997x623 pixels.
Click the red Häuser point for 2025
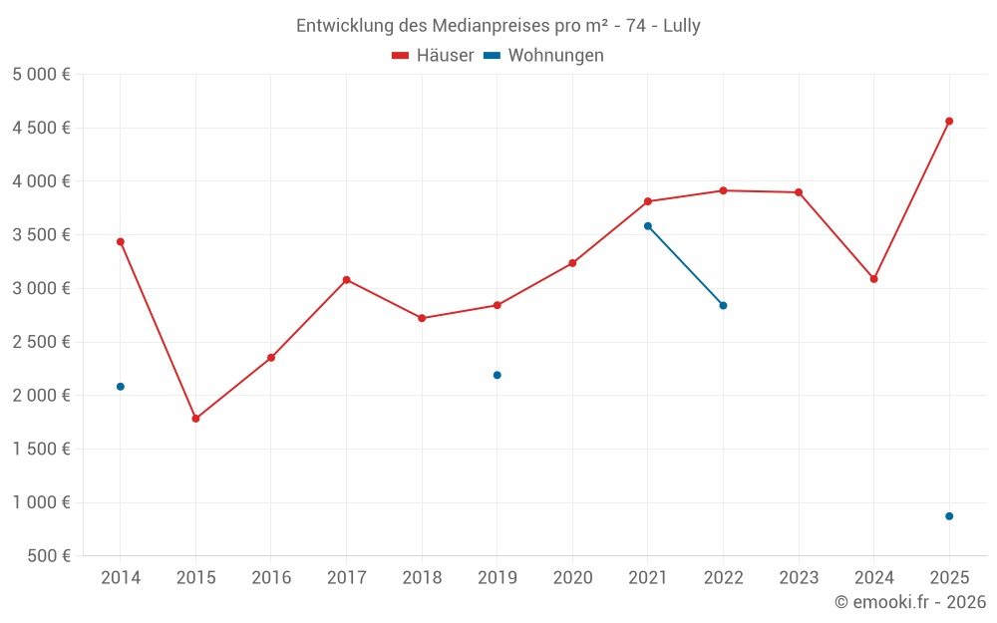click(949, 122)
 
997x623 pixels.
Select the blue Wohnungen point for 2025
click(949, 516)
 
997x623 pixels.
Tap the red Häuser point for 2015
click(195, 419)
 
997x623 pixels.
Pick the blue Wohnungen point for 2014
click(121, 387)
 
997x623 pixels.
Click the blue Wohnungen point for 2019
click(498, 375)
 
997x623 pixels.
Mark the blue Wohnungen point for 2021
click(648, 226)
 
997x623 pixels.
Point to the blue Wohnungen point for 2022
click(723, 305)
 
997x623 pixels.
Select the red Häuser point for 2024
click(873, 279)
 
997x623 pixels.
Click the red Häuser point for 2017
click(346, 280)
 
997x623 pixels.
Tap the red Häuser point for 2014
click(121, 241)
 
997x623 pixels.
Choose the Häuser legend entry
click(433, 56)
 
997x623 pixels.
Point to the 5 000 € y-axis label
click(41, 75)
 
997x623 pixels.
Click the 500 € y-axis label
click(48, 556)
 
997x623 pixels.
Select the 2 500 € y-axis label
click(41, 342)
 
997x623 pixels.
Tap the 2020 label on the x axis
click(572, 578)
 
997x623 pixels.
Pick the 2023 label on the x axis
click(798, 578)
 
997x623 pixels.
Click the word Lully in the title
click(682, 26)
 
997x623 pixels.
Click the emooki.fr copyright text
click(909, 602)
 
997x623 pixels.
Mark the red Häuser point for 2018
click(422, 318)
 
